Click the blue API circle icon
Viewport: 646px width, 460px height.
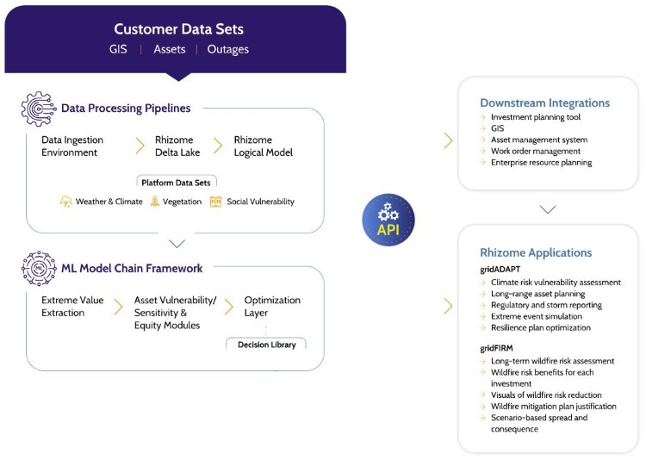388,220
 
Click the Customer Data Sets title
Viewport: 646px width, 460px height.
178,29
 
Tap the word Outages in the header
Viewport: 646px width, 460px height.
228,49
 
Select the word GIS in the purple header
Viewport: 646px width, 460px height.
118,49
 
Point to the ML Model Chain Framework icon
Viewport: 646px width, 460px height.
38,269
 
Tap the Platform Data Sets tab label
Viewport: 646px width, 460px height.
177,182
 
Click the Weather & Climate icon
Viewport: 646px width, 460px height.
65,202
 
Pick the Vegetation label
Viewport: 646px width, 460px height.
181,202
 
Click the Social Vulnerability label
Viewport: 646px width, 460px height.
260,202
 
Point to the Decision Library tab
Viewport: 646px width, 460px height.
265,345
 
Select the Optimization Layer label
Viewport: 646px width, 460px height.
272,306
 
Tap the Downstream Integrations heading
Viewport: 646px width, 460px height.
544,103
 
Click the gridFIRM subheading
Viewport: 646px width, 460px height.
499,348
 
